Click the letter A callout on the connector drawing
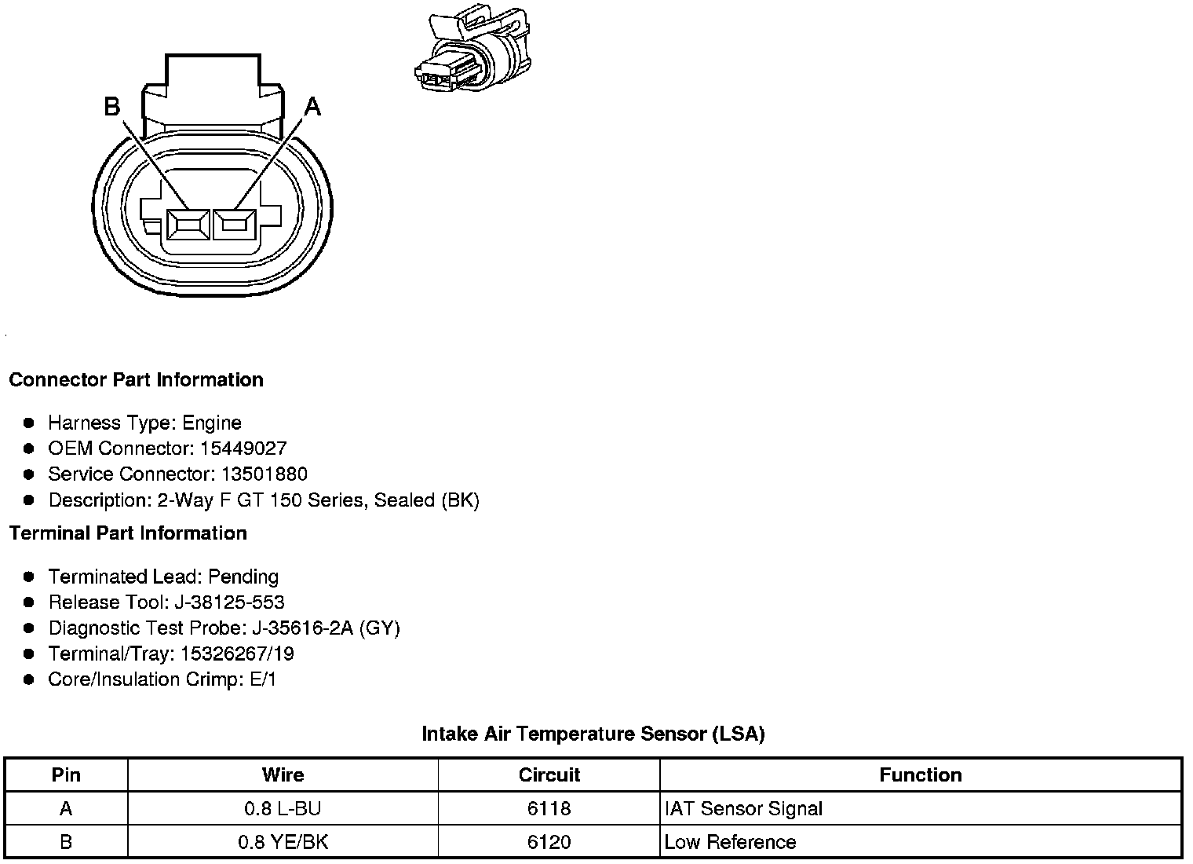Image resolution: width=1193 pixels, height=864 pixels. [x=312, y=107]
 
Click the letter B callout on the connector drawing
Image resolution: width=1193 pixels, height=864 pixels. [x=111, y=106]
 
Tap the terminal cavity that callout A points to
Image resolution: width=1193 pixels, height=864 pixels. [x=235, y=225]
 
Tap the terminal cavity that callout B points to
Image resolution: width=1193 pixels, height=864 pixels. [x=188, y=225]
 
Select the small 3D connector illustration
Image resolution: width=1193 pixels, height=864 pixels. [x=472, y=48]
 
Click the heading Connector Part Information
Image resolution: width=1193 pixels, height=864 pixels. [x=137, y=379]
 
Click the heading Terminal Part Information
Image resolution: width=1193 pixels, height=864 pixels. [x=128, y=533]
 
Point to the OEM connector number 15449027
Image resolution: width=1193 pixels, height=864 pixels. [x=243, y=448]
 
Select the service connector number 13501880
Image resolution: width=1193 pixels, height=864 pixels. [x=265, y=474]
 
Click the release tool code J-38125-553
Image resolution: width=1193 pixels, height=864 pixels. [x=229, y=602]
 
